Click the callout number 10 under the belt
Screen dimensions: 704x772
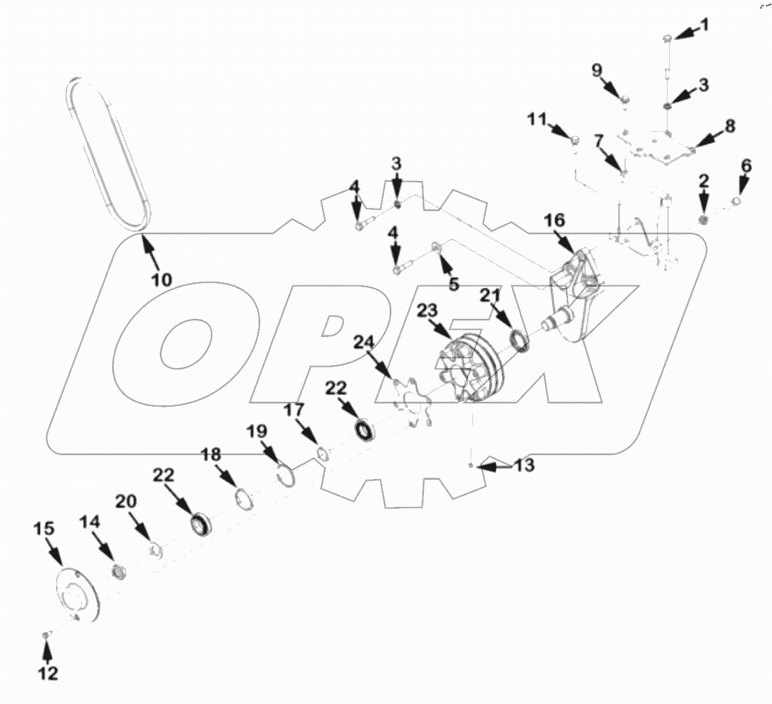coord(162,279)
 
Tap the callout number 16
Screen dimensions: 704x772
coord(554,221)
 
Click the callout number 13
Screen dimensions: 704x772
coord(524,465)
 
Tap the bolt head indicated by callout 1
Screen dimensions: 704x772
coord(668,38)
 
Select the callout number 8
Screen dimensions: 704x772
coord(729,125)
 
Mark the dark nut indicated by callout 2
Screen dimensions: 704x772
coord(704,219)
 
